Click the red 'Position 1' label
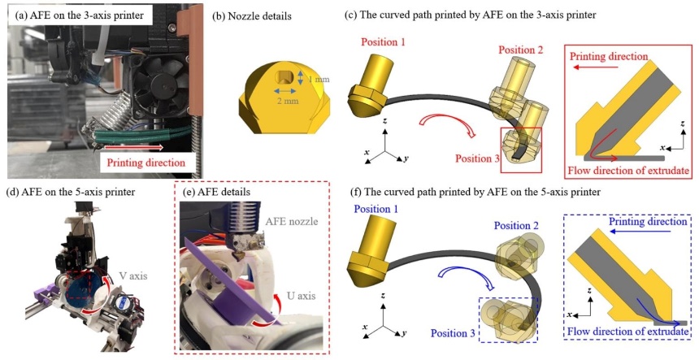tap(383, 42)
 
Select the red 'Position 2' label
tap(521, 50)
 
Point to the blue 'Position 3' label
tap(453, 333)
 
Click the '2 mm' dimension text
tap(287, 101)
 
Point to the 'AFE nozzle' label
tap(291, 221)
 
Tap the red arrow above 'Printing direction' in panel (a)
tap(135, 146)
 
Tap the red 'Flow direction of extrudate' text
tap(628, 170)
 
